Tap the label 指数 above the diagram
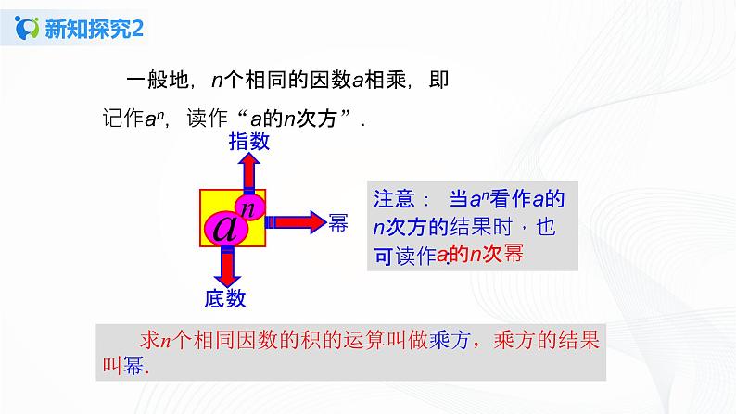pos(248,141)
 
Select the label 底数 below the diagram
pos(223,297)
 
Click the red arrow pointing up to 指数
pos(248,171)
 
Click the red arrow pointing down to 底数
pos(223,268)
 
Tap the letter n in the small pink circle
pos(249,204)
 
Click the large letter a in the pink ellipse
pos(225,229)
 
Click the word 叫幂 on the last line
pos(121,365)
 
